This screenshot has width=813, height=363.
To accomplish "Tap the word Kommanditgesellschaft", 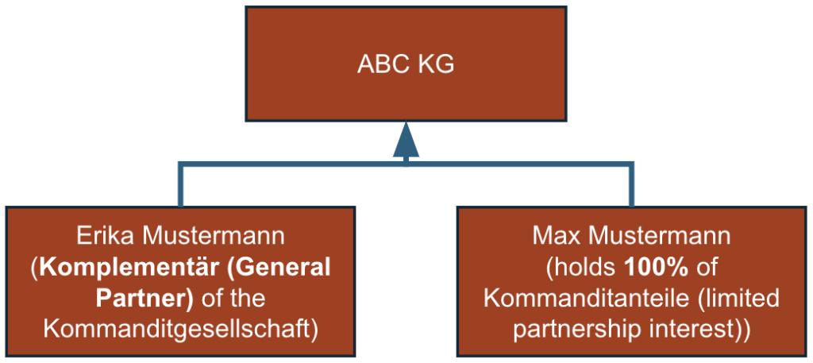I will coord(181,329).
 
